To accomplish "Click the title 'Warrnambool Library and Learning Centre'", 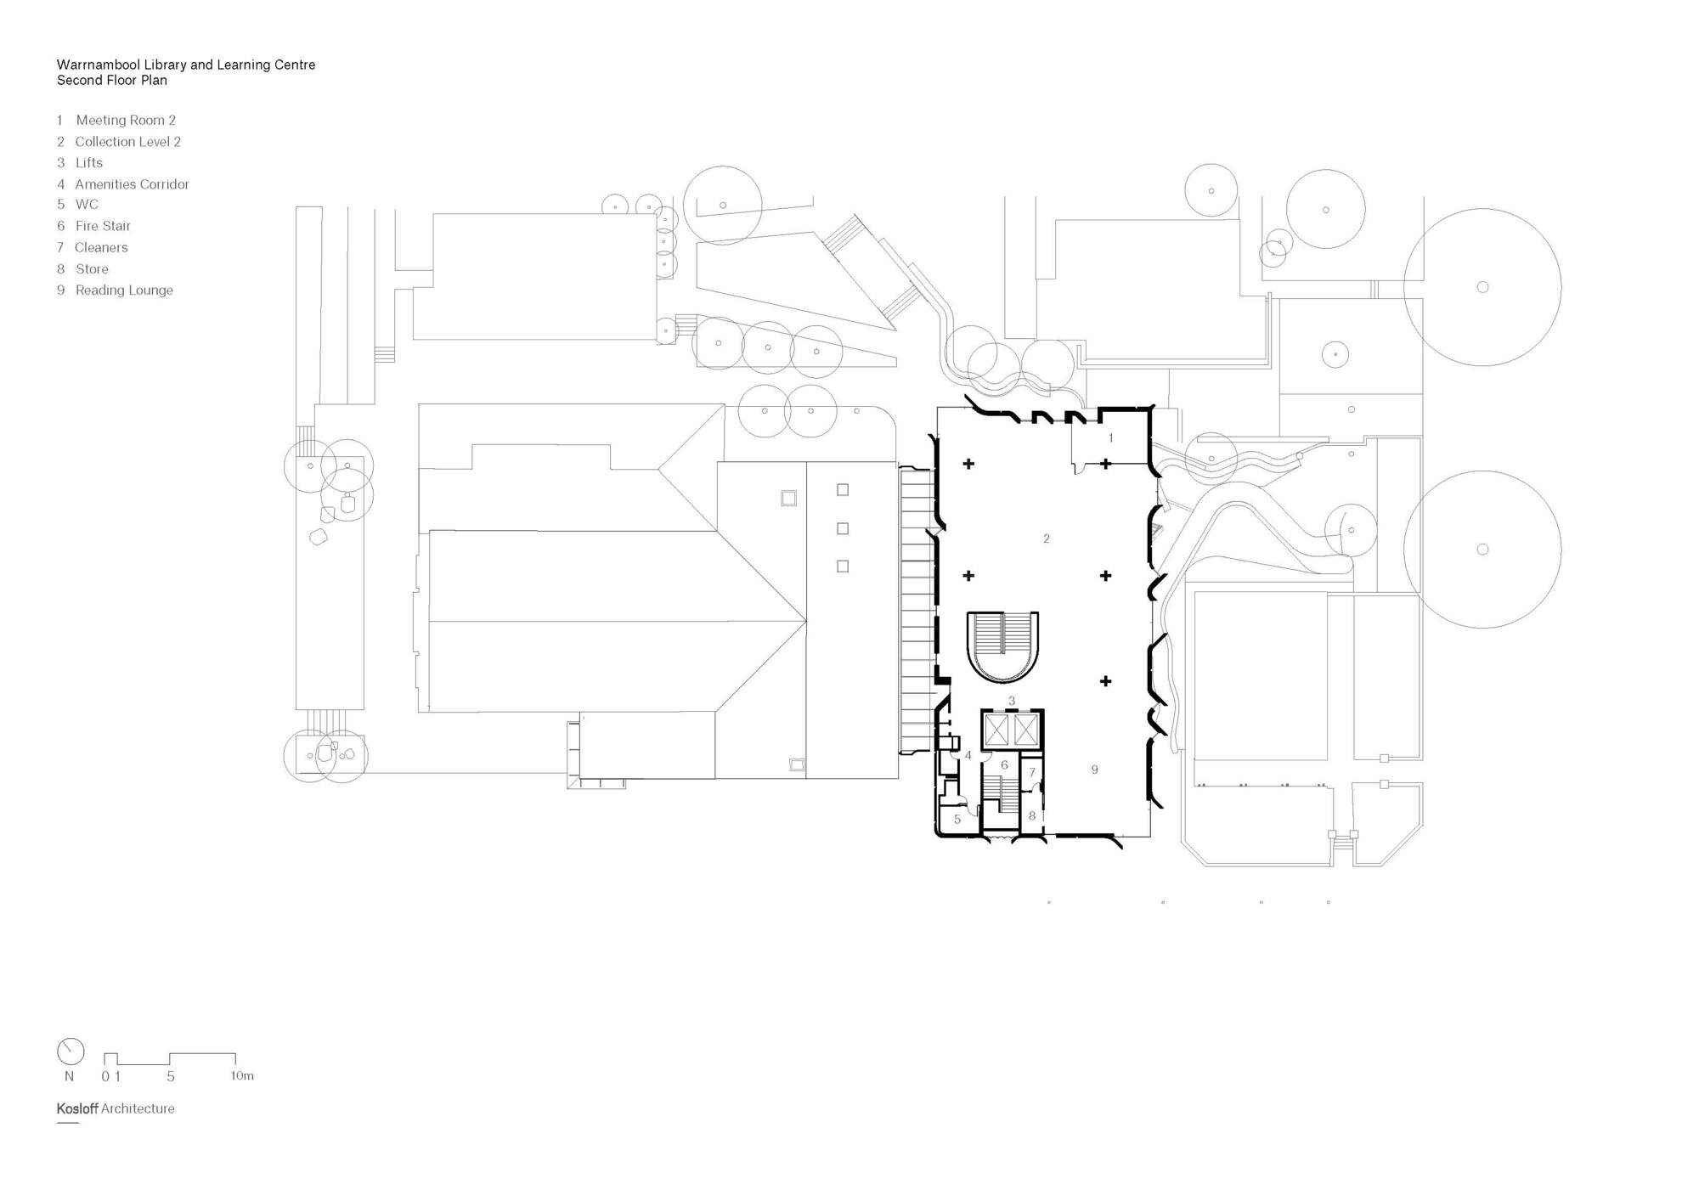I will pos(186,65).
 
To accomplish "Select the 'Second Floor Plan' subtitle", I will pos(112,81).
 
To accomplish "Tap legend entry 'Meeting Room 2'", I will pos(125,121).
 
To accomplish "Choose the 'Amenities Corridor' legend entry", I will pos(132,184).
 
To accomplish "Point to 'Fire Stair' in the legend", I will pos(103,226).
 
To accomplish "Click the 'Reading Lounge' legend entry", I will pos(124,290).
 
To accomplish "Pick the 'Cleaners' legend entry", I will pos(101,248).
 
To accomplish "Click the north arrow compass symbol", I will pos(71,1052).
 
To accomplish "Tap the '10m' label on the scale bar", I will pos(242,1076).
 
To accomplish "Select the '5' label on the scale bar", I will pos(171,1076).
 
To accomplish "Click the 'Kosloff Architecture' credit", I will pos(116,1108).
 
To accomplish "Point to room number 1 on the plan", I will pos(1110,438).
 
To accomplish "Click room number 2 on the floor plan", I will pos(1047,538).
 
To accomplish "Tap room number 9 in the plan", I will pos(1094,770).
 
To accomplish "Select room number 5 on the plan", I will pos(957,820).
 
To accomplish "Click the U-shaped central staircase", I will pos(1003,646).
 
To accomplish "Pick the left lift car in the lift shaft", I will pos(996,730).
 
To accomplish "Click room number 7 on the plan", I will pos(1032,773).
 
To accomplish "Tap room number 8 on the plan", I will pos(1032,815).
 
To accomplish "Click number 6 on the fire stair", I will pos(1004,765).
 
